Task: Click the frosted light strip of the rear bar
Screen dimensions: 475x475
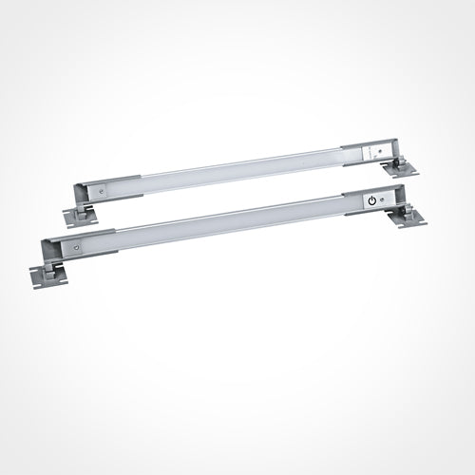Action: (x=237, y=171)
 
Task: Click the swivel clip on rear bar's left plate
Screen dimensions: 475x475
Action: (x=84, y=208)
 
